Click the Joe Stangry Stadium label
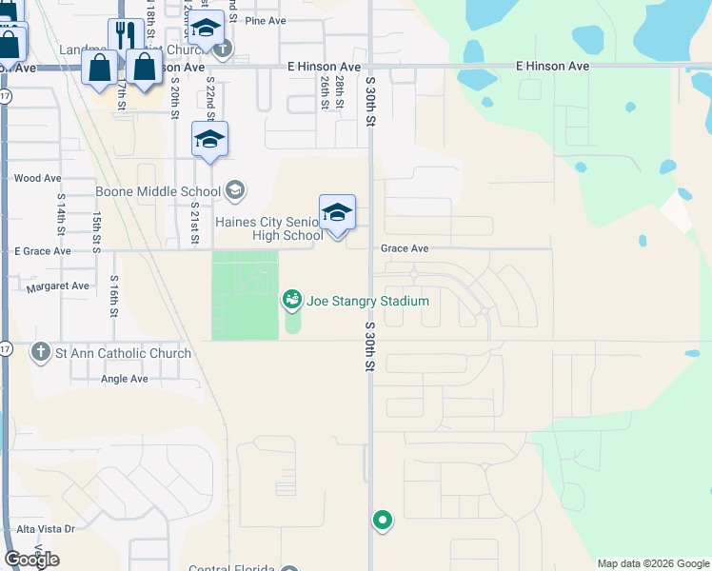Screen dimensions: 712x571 pos(367,301)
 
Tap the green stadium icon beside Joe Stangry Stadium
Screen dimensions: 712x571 pos(292,301)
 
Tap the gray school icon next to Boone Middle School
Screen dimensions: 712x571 pos(234,191)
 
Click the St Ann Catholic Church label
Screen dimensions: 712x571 pos(123,353)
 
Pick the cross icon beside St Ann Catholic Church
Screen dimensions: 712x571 pos(41,353)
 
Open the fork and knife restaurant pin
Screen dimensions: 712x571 pos(126,38)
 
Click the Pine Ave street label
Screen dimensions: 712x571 pos(266,20)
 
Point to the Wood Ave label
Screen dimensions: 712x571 pos(38,178)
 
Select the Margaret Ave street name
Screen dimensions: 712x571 pos(58,286)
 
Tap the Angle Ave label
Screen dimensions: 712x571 pos(125,379)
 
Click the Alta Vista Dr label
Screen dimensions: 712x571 pos(46,527)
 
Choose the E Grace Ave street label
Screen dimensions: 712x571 pos(43,251)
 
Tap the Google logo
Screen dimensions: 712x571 pos(31,560)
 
